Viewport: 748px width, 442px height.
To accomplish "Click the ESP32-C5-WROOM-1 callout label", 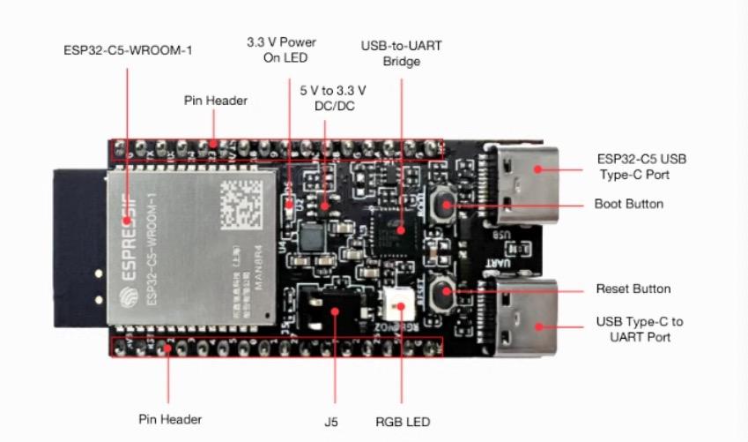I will point(128,49).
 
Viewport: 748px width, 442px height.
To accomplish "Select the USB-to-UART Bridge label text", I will point(402,53).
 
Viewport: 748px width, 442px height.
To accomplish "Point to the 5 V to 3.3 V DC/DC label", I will point(332,98).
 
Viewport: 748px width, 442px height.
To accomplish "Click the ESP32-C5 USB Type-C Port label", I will point(640,168).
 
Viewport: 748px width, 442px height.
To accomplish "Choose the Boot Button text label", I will point(629,204).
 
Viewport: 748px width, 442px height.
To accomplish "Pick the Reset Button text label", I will point(633,288).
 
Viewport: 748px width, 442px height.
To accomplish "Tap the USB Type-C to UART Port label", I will point(639,329).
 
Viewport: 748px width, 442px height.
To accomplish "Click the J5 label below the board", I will point(331,421).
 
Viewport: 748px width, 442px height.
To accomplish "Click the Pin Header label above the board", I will point(215,101).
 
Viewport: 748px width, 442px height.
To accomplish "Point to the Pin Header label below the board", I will point(170,418).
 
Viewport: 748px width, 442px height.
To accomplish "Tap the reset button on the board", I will point(445,288).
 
